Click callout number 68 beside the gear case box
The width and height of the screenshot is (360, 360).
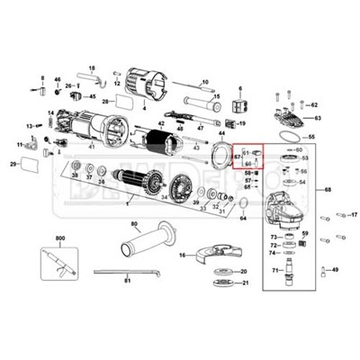(328, 189)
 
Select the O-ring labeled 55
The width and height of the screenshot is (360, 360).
(287, 136)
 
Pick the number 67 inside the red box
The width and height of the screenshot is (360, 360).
(237, 157)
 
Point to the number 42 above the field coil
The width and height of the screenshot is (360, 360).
(160, 123)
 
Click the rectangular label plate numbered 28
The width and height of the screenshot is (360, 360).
(121, 103)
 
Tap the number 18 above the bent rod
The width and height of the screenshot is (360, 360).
(91, 67)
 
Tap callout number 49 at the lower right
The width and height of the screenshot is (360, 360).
(335, 270)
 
